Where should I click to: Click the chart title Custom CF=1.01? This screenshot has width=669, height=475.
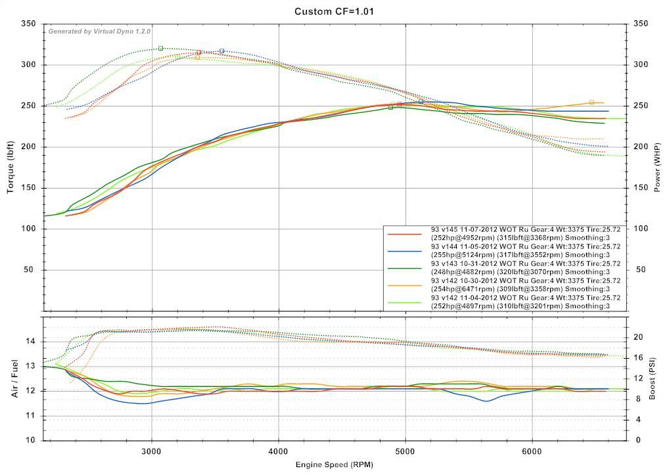(334, 11)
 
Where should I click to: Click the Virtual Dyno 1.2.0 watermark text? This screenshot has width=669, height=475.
(99, 31)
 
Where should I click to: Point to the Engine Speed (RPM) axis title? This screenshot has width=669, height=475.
(334, 465)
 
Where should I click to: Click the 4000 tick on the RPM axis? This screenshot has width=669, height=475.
(279, 451)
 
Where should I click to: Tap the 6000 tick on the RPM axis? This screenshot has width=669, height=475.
(532, 451)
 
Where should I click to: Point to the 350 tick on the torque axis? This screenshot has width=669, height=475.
(29, 24)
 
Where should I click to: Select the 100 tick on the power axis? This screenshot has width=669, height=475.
(641, 229)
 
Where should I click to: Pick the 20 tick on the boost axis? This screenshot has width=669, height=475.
(637, 337)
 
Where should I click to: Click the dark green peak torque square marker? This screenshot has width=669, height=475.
(160, 49)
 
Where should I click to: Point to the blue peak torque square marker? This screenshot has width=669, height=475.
(222, 51)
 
